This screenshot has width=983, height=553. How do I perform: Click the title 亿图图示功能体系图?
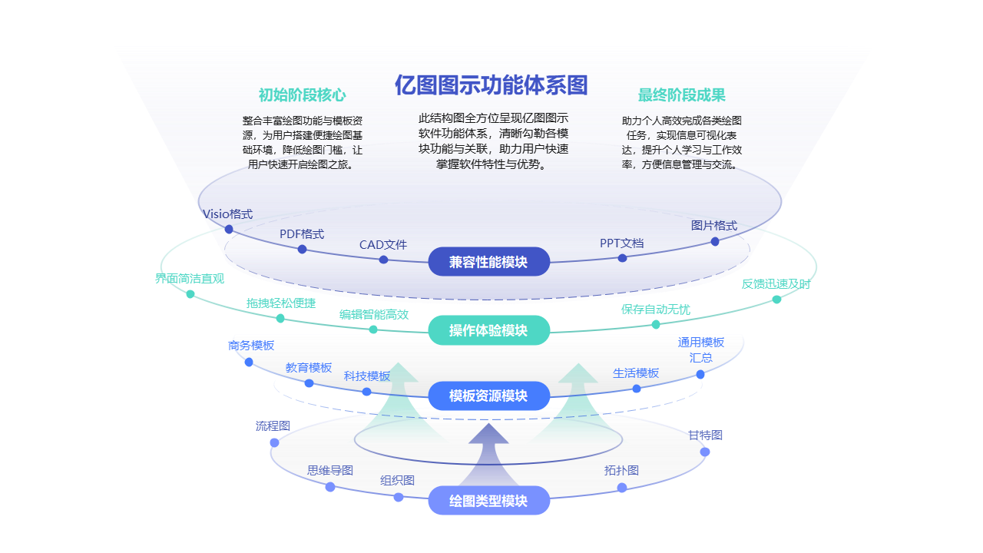pyautogui.click(x=491, y=84)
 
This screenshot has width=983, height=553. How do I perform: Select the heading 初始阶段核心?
pyautogui.click(x=302, y=95)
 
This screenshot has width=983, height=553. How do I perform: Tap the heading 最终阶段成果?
pyautogui.click(x=681, y=95)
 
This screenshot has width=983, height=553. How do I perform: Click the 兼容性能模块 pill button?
pyautogui.click(x=488, y=262)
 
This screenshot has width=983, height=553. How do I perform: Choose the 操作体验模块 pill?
pyautogui.click(x=488, y=330)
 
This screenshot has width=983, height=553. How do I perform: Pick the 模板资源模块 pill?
pyautogui.click(x=488, y=396)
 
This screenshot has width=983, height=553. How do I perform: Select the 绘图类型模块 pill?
pyautogui.click(x=488, y=501)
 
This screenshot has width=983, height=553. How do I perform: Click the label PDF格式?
pyautogui.click(x=302, y=233)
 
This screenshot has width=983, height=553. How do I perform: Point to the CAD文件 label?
pyautogui.click(x=383, y=245)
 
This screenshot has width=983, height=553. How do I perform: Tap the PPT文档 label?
pyautogui.click(x=622, y=243)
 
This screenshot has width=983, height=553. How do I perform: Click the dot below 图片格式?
pyautogui.click(x=715, y=241)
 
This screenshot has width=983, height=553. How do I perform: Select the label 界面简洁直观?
pyautogui.click(x=190, y=278)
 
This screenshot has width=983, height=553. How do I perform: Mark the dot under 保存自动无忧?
pyautogui.click(x=656, y=324)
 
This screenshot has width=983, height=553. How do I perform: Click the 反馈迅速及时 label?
pyautogui.click(x=776, y=283)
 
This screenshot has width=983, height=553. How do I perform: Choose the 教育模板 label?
pyautogui.click(x=309, y=367)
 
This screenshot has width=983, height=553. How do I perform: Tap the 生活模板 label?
pyautogui.click(x=636, y=373)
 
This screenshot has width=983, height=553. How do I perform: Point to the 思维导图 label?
pyautogui.click(x=330, y=470)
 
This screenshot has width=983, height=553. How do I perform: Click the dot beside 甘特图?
pyautogui.click(x=705, y=452)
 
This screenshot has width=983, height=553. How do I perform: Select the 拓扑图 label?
pyautogui.click(x=621, y=470)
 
